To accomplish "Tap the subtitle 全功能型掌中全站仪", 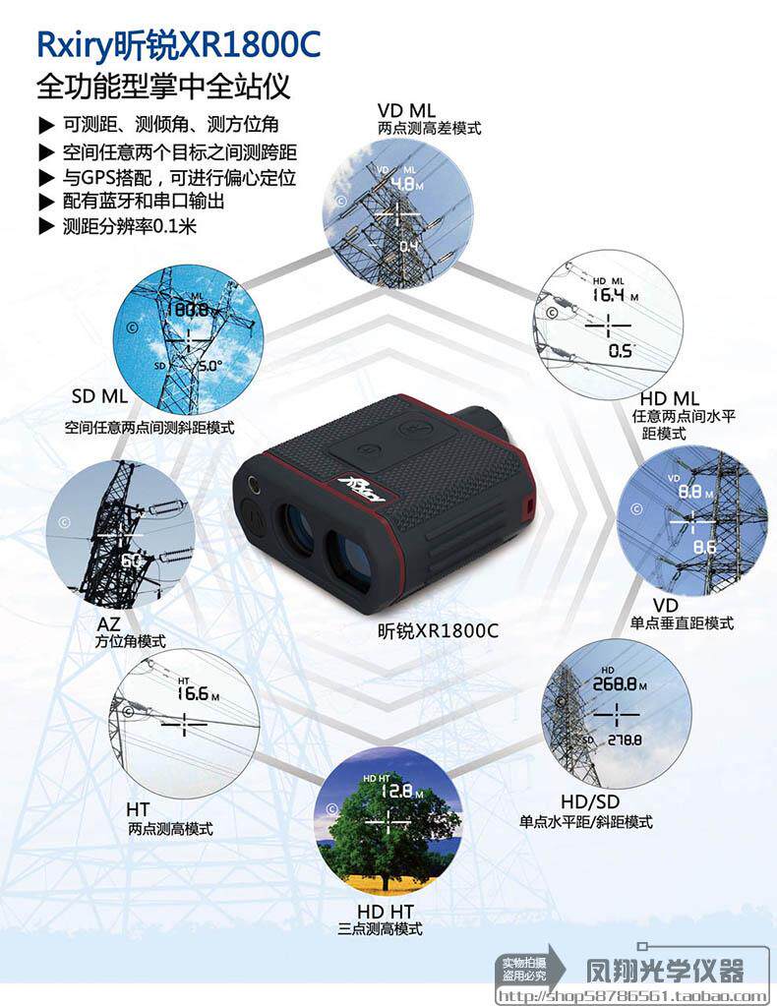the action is (162, 88).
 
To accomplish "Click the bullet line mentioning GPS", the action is (177, 178).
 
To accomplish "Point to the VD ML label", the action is (406, 110).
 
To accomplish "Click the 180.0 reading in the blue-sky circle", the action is (186, 309).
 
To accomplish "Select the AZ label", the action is (109, 622).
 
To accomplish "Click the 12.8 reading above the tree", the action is (395, 790).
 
